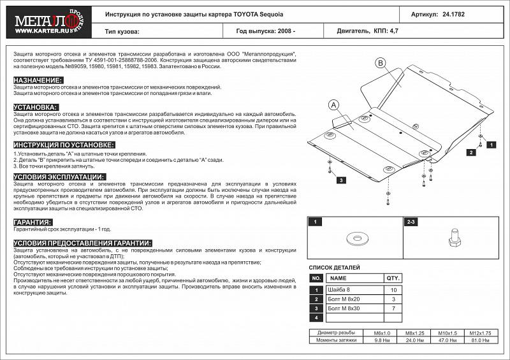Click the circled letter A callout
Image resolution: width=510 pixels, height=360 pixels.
tap(335, 105)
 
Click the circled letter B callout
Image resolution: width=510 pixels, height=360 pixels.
tap(380, 62)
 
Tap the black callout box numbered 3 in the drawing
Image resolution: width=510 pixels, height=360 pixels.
tap(342, 181)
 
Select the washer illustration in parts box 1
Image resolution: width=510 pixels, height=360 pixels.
tap(353, 239)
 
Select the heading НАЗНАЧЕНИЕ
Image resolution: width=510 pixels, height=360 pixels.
tap(38, 80)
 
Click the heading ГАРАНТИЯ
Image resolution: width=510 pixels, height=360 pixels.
tap(33, 222)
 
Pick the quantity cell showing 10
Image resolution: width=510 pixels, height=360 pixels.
tap(392, 290)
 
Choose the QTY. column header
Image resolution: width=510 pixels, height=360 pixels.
tap(392, 278)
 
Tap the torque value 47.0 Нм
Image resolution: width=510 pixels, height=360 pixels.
tap(449, 340)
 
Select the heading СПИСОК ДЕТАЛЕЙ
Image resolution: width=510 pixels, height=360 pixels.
tap(335, 268)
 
